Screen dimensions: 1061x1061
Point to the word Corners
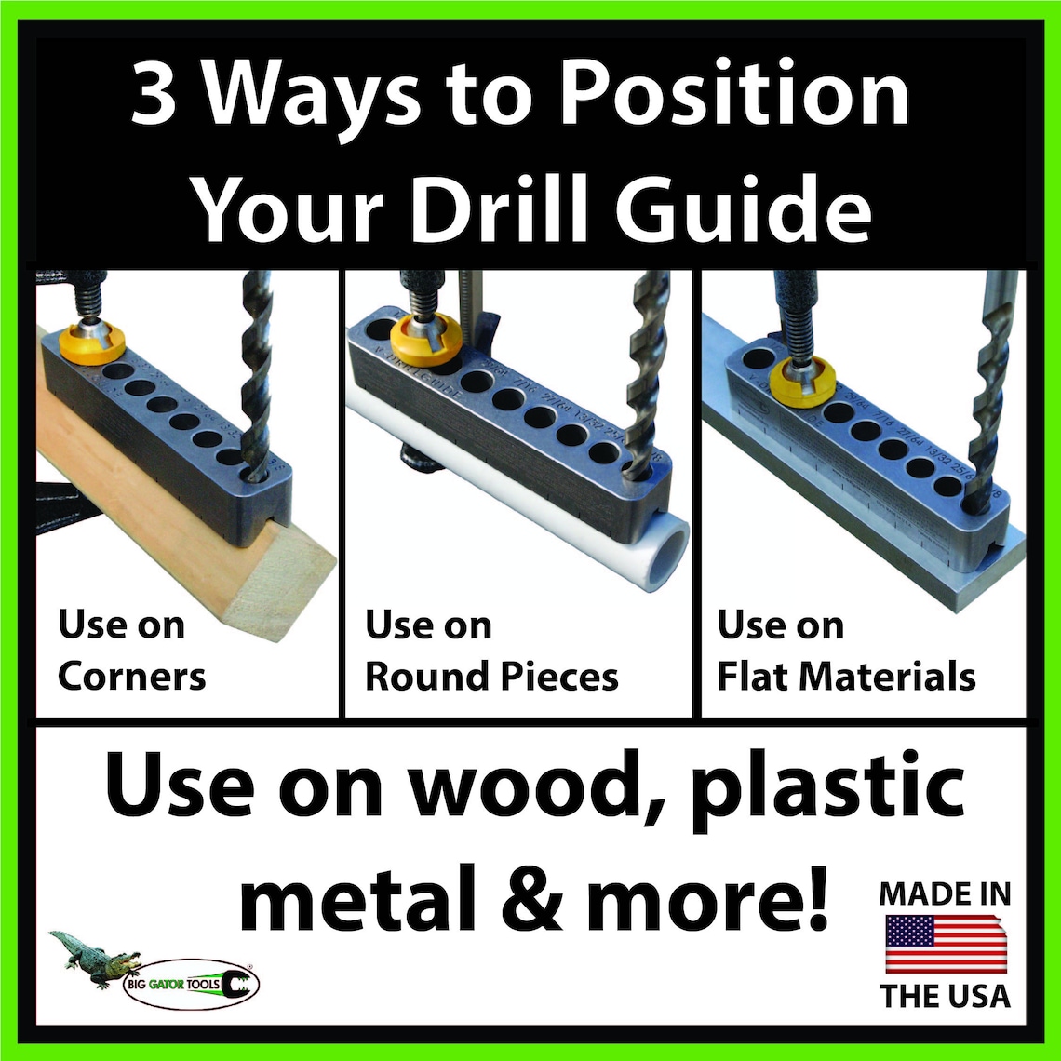coord(131,676)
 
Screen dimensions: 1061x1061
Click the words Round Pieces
coord(490,676)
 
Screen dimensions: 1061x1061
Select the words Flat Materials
coord(845,676)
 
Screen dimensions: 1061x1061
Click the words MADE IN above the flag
coord(946,895)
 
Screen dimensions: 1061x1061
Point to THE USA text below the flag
coord(946,995)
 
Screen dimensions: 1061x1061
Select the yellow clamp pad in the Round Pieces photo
coord(425,340)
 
